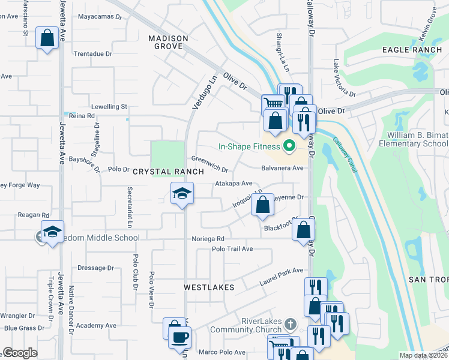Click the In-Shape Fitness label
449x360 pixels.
[249, 146]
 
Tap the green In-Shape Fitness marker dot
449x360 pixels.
[289, 146]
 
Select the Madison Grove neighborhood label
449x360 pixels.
[168, 42]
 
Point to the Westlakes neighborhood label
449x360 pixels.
[208, 287]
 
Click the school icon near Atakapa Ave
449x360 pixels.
[182, 194]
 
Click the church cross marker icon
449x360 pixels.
[290, 325]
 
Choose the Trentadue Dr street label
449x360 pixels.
[92, 53]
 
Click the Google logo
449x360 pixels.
[20, 353]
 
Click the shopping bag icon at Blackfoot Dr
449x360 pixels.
[304, 230]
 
